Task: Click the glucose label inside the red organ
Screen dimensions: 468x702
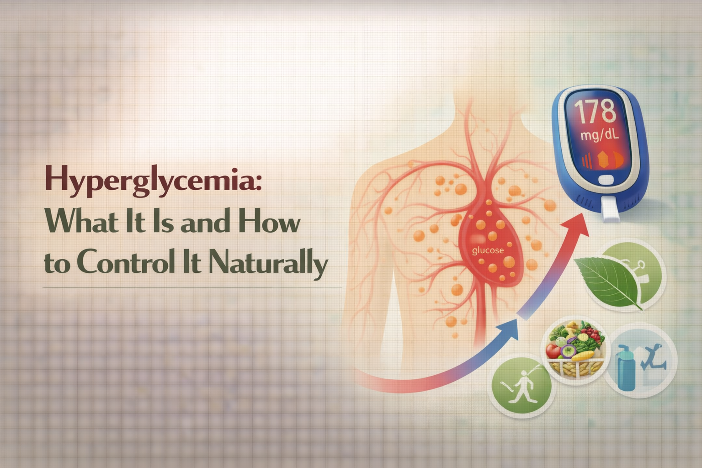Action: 488,250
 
